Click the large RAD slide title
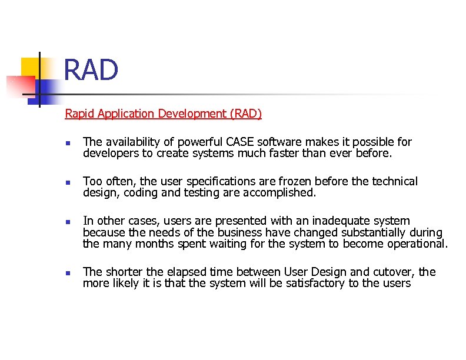[91, 70]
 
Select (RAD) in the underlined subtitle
[247, 114]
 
